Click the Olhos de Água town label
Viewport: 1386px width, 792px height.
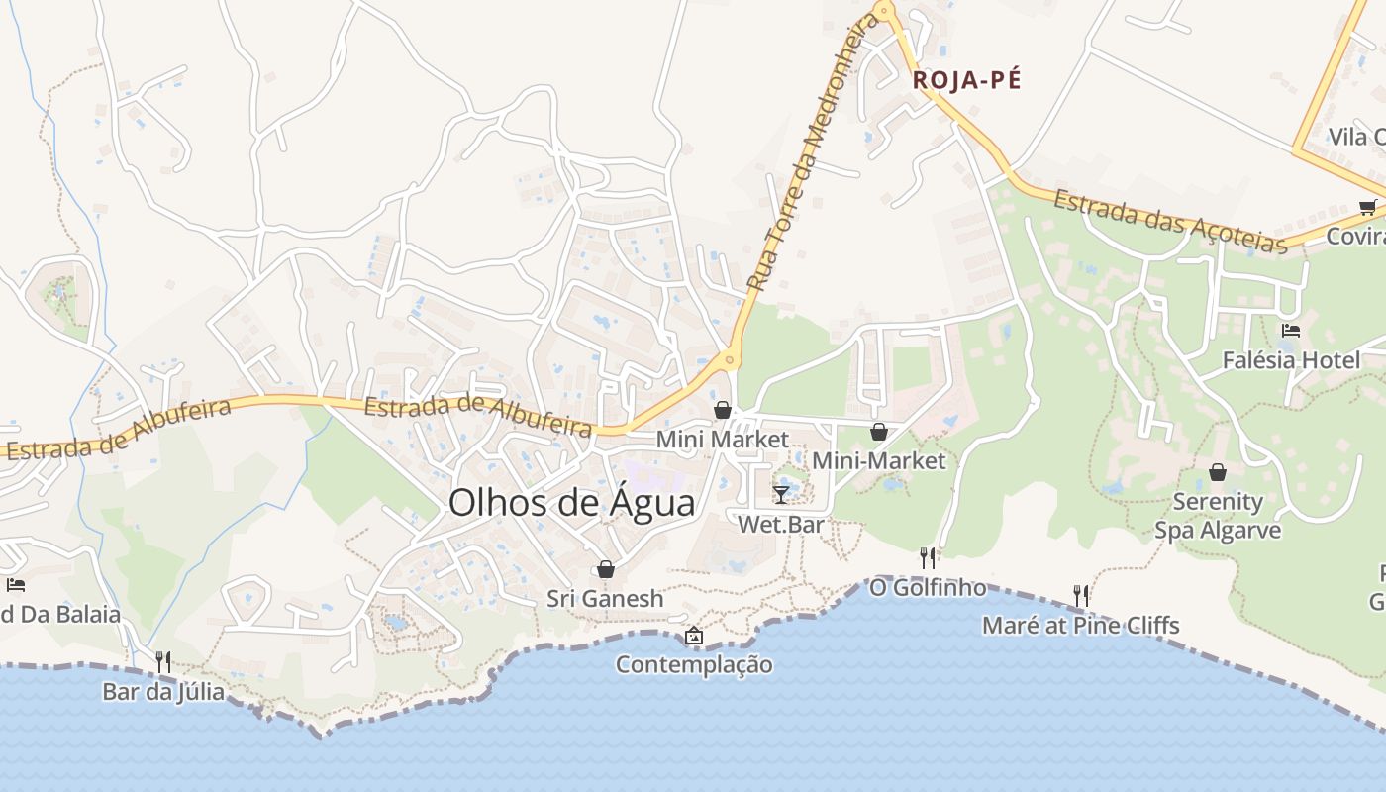[x=571, y=503]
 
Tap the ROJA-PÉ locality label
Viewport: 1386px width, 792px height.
[x=966, y=80]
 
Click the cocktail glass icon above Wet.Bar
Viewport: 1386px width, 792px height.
[x=781, y=494]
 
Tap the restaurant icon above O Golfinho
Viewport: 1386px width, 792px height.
[x=928, y=558]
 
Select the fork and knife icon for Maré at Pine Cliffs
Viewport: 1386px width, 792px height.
[x=1081, y=595]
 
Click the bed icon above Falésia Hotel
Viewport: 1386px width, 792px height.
[x=1290, y=331]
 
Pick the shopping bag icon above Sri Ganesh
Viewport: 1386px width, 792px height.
[x=605, y=569]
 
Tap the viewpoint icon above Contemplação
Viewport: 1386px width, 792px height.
[x=694, y=636]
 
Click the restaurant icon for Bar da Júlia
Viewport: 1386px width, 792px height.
[x=163, y=661]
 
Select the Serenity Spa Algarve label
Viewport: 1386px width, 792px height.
[x=1218, y=516]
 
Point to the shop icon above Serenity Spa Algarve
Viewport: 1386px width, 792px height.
[x=1218, y=472]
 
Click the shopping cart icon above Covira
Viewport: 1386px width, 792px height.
[x=1367, y=207]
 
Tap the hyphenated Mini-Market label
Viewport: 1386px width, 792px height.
[x=878, y=460]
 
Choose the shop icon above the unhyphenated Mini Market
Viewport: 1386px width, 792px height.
[x=723, y=410]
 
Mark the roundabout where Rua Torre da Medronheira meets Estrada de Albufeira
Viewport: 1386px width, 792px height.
[x=730, y=360]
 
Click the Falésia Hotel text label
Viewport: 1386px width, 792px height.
[x=1291, y=360]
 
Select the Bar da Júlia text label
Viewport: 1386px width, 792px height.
[x=163, y=691]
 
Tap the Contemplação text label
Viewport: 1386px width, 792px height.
[x=694, y=664]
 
